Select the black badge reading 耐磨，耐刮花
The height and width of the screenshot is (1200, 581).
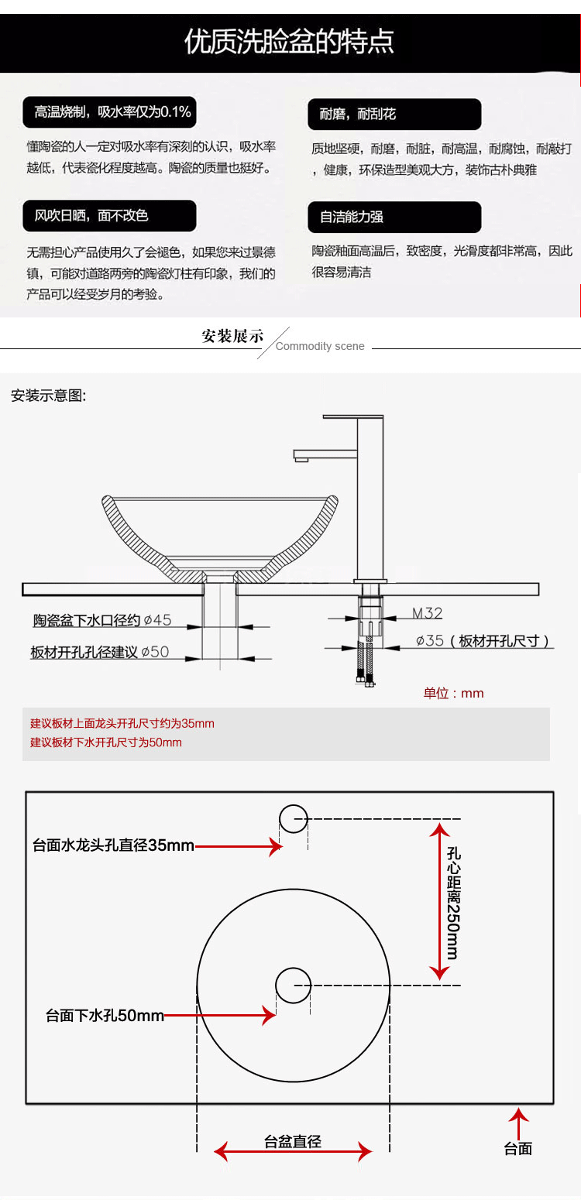pyautogui.click(x=394, y=114)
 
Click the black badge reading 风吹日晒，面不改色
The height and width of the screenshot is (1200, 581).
pyautogui.click(x=108, y=216)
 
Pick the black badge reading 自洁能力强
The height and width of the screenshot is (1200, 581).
pyautogui.click(x=394, y=217)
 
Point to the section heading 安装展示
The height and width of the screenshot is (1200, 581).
pyautogui.click(x=232, y=336)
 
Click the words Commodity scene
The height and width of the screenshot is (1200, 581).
pyautogui.click(x=320, y=347)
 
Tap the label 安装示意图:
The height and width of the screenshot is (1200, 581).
pyautogui.click(x=49, y=396)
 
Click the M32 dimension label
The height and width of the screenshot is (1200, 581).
pyautogui.click(x=427, y=613)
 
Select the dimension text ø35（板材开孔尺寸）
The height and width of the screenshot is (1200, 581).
pyautogui.click(x=483, y=641)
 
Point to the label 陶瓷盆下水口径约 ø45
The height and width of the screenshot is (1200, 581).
pyautogui.click(x=101, y=620)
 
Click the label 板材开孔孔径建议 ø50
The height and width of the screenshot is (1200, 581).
pyautogui.click(x=99, y=652)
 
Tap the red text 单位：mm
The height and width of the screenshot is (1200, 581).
pyautogui.click(x=453, y=693)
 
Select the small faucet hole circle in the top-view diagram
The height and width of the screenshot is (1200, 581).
pyautogui.click(x=294, y=818)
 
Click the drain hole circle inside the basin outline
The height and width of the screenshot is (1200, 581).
pyautogui.click(x=294, y=985)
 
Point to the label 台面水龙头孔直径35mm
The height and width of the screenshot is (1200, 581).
pyautogui.click(x=113, y=845)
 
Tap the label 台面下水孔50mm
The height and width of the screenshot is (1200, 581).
pyautogui.click(x=105, y=1015)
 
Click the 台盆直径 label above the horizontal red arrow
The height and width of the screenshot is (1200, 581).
pyautogui.click(x=293, y=1141)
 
